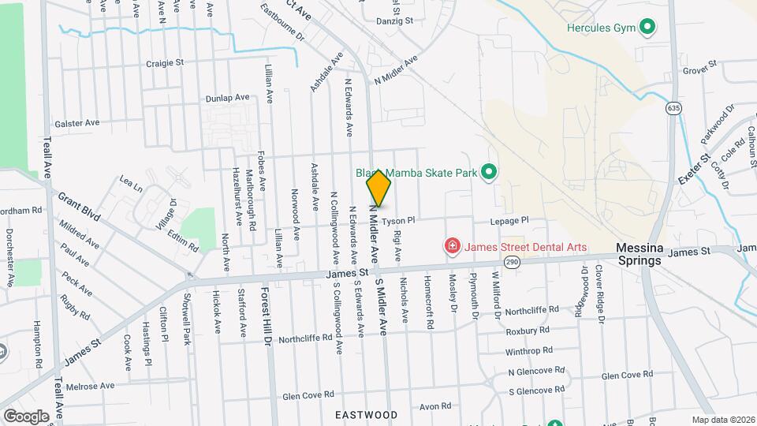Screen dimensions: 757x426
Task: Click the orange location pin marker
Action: pyautogui.click(x=378, y=188)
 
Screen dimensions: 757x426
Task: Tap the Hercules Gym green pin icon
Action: pyautogui.click(x=647, y=28)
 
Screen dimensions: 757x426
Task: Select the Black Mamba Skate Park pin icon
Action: pyautogui.click(x=488, y=171)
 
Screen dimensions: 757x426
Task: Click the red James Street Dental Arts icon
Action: pyautogui.click(x=453, y=247)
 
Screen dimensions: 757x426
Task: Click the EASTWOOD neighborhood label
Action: pyautogui.click(x=366, y=414)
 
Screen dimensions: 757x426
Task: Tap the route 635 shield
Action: pyautogui.click(x=673, y=106)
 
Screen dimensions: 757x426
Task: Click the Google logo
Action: pyautogui.click(x=26, y=416)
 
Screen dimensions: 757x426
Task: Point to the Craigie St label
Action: pyautogui.click(x=165, y=62)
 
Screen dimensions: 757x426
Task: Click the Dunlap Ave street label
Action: pyautogui.click(x=227, y=99)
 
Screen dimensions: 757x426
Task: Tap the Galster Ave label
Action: pyautogui.click(x=76, y=124)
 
